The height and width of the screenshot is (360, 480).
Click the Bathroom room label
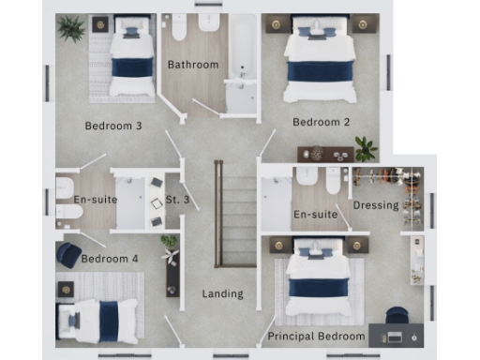193,65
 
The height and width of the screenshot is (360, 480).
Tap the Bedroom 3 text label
112,126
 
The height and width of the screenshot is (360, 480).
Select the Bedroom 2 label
321,122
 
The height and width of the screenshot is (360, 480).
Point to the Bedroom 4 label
109,259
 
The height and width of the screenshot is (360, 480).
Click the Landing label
223,293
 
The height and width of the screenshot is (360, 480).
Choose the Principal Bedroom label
316,336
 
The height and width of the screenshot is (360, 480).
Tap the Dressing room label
375,205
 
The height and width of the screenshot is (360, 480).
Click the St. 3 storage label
178,200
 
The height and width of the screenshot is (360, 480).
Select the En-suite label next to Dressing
315,215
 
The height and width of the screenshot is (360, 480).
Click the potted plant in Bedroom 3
71,29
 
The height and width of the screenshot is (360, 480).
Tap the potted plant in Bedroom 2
365,148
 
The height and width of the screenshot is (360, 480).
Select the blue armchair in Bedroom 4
68,254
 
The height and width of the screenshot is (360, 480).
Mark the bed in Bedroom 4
97,316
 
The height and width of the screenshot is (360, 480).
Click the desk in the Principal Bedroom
393,335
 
